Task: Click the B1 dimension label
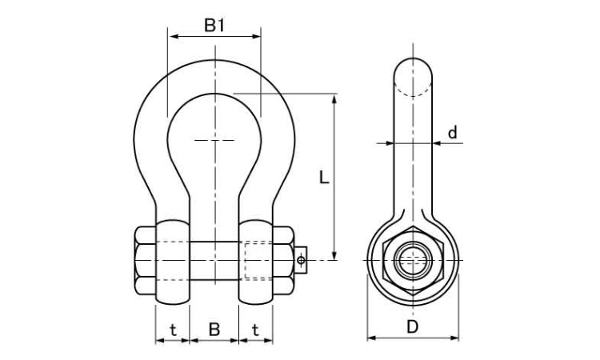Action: pos(214,26)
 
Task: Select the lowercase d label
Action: pos(453,133)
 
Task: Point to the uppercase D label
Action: pos(412,326)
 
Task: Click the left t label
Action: pos(173,328)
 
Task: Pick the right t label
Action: pos(255,328)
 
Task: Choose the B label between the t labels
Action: pos(214,328)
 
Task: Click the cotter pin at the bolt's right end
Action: pos(301,259)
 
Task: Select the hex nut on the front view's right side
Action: pos(284,260)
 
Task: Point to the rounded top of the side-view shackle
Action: pos(413,68)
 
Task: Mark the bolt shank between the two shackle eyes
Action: pos(214,260)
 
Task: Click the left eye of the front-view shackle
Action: pos(174,260)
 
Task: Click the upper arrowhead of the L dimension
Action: pos(334,98)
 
